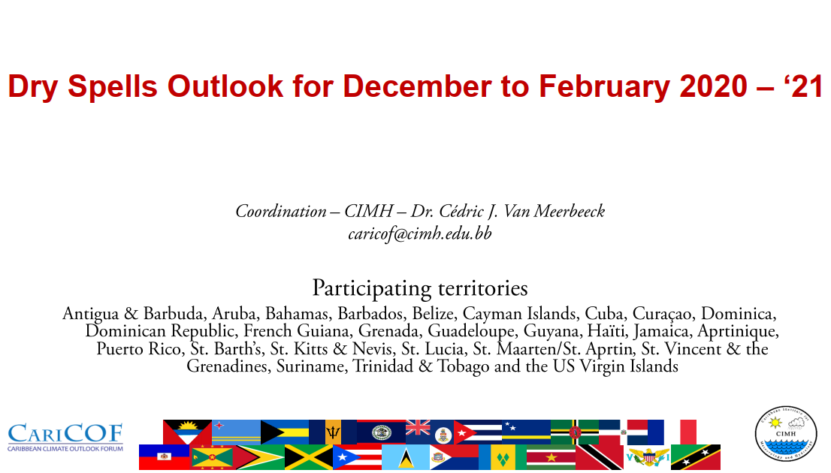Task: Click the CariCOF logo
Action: [65, 438]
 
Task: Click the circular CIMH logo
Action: [785, 434]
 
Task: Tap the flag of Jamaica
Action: [309, 457]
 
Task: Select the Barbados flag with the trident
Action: [333, 432]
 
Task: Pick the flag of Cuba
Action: [478, 432]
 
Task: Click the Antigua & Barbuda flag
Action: [187, 432]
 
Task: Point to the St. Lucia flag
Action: [406, 457]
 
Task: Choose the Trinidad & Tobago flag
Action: [599, 457]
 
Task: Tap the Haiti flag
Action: [164, 457]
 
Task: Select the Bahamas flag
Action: [285, 432]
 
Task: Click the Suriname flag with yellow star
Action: [551, 457]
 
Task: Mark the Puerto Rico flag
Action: [357, 457]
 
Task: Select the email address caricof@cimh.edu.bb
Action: [420, 233]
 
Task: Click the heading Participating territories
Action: [420, 288]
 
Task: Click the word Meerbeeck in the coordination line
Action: [570, 211]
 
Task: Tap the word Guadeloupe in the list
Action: [471, 332]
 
